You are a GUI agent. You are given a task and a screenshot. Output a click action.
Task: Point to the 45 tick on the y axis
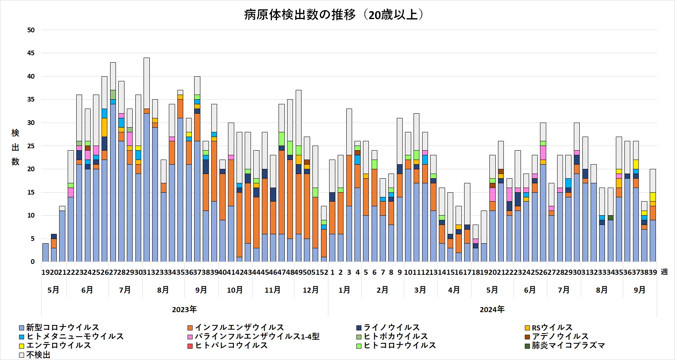tap(31, 53)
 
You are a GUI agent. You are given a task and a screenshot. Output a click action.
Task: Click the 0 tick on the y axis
tap(33, 262)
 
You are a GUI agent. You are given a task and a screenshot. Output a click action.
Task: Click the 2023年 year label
tap(184, 310)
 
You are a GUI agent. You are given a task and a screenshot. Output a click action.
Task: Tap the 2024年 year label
tap(492, 310)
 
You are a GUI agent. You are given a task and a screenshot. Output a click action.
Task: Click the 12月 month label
tap(310, 290)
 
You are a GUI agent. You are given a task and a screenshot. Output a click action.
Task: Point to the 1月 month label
tap(344, 290)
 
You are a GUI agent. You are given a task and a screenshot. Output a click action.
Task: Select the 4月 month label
tap(454, 290)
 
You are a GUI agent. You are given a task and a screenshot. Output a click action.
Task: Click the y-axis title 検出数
tap(15, 147)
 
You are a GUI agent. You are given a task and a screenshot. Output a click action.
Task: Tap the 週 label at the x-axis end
tap(664, 272)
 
